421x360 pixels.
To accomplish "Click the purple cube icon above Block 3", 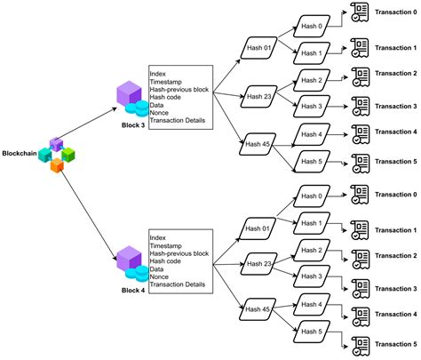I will [x=130, y=93].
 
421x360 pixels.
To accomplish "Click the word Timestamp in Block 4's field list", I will [x=169, y=246].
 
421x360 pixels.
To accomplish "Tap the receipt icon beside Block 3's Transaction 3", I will [x=361, y=105].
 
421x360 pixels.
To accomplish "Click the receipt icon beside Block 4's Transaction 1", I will [x=361, y=228].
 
